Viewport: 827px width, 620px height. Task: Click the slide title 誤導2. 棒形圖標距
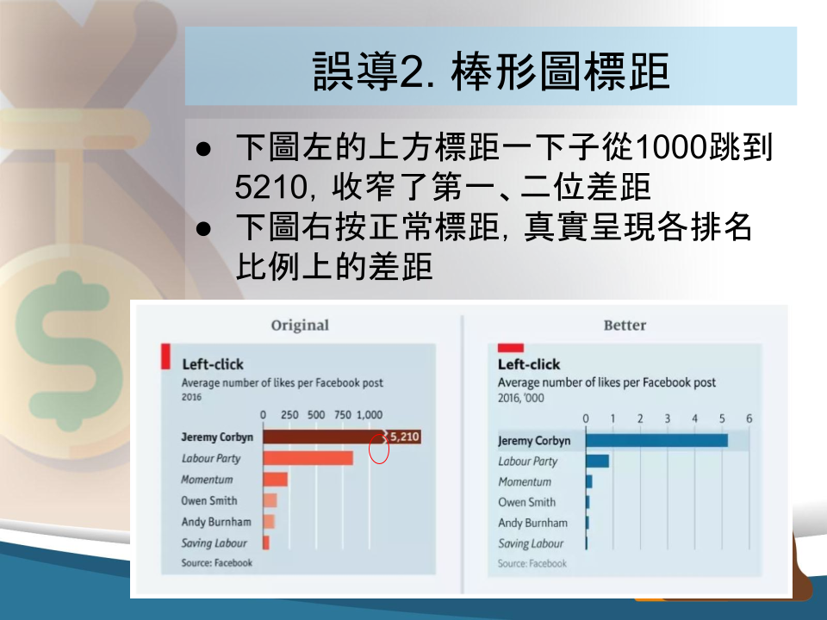tap(491, 71)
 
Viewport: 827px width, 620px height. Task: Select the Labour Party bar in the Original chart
tap(308, 458)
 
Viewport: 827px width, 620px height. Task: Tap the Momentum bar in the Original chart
tap(276, 480)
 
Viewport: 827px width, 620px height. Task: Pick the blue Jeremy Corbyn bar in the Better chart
tap(656, 440)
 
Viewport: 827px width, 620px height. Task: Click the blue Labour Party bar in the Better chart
tap(598, 462)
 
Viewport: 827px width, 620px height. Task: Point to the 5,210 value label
tap(405, 437)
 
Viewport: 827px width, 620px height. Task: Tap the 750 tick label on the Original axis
tap(343, 415)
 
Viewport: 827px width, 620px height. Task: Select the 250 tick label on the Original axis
tap(289, 415)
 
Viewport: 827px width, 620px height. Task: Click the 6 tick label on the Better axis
tap(749, 418)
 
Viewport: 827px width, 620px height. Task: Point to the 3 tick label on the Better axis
tap(667, 418)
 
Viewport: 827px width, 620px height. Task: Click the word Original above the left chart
tap(300, 325)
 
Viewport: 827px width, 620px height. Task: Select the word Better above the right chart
tap(625, 325)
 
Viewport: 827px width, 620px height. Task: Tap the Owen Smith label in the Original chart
tap(209, 500)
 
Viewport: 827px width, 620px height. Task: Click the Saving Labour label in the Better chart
tap(531, 543)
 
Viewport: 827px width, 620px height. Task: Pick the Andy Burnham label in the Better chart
tap(532, 523)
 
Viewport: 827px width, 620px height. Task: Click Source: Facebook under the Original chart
tap(217, 562)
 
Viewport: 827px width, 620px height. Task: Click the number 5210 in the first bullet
tap(270, 187)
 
